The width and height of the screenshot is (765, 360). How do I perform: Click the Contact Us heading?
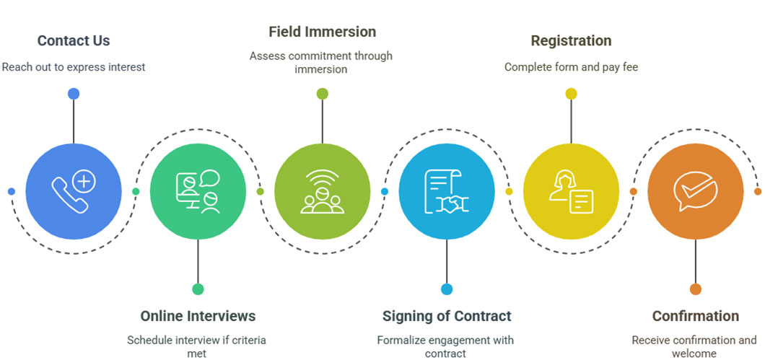(74, 41)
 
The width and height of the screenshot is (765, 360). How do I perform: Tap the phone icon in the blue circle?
(74, 191)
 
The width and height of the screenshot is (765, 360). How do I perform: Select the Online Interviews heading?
(198, 316)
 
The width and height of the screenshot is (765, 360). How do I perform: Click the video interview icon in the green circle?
(198, 191)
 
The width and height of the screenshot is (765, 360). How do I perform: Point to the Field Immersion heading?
(322, 32)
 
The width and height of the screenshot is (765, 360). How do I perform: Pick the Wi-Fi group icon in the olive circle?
(322, 191)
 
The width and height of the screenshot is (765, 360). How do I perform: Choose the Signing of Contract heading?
(447, 316)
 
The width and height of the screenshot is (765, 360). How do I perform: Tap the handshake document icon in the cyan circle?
(447, 191)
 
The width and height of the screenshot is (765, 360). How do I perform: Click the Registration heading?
(571, 41)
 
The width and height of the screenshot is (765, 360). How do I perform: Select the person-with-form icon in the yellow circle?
(571, 191)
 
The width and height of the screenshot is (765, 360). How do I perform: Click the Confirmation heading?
(695, 316)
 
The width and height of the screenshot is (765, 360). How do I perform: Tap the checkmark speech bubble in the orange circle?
(695, 191)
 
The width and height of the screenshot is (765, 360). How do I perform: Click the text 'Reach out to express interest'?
(74, 67)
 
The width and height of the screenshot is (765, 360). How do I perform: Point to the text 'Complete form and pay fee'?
(571, 67)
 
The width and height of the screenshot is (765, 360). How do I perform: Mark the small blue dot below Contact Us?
(74, 94)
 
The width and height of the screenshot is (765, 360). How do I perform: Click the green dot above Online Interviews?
(198, 289)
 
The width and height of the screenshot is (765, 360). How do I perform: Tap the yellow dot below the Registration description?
(571, 94)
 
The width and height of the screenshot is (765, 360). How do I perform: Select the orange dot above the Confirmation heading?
(695, 289)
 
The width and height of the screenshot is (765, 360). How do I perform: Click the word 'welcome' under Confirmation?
(694, 354)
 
